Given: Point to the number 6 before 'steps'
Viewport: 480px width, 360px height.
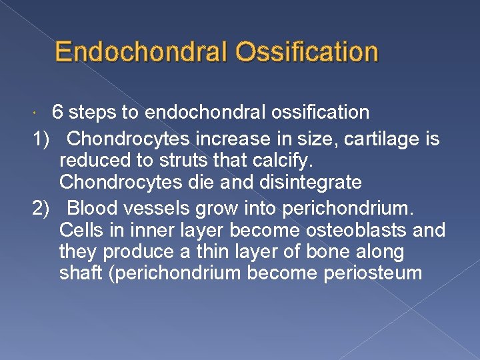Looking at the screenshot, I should (x=58, y=112).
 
